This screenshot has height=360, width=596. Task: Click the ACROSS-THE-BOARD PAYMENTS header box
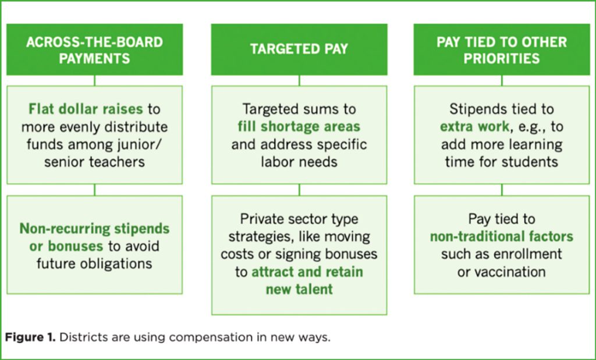[95, 49]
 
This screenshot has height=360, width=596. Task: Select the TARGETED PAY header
[299, 49]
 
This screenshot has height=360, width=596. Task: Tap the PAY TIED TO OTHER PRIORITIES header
[502, 49]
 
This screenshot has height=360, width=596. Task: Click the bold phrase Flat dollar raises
[86, 109]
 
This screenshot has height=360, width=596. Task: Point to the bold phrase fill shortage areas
[299, 126]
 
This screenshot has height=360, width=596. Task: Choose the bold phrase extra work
[474, 126]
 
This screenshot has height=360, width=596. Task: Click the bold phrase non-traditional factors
[502, 237]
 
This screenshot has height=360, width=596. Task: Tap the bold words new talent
[299, 290]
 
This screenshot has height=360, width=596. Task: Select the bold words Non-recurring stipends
[95, 229]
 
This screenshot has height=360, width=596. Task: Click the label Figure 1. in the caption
[30, 337]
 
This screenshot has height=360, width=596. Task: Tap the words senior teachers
[95, 162]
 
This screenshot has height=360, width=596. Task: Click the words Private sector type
[299, 219]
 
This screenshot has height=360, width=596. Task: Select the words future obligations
[95, 263]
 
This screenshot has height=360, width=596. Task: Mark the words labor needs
[299, 162]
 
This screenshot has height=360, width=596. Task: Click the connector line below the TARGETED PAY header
[299, 80]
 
